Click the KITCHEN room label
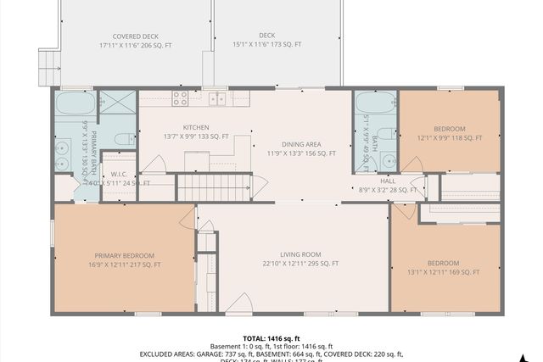point(196,126)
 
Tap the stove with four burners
point(180,98)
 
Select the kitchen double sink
point(218,98)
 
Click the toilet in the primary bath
point(122,139)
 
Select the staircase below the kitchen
point(214,187)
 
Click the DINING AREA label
point(302,144)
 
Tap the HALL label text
point(389,181)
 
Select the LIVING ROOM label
point(300,253)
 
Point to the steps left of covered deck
point(48,66)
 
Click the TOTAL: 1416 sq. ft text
point(271,337)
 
